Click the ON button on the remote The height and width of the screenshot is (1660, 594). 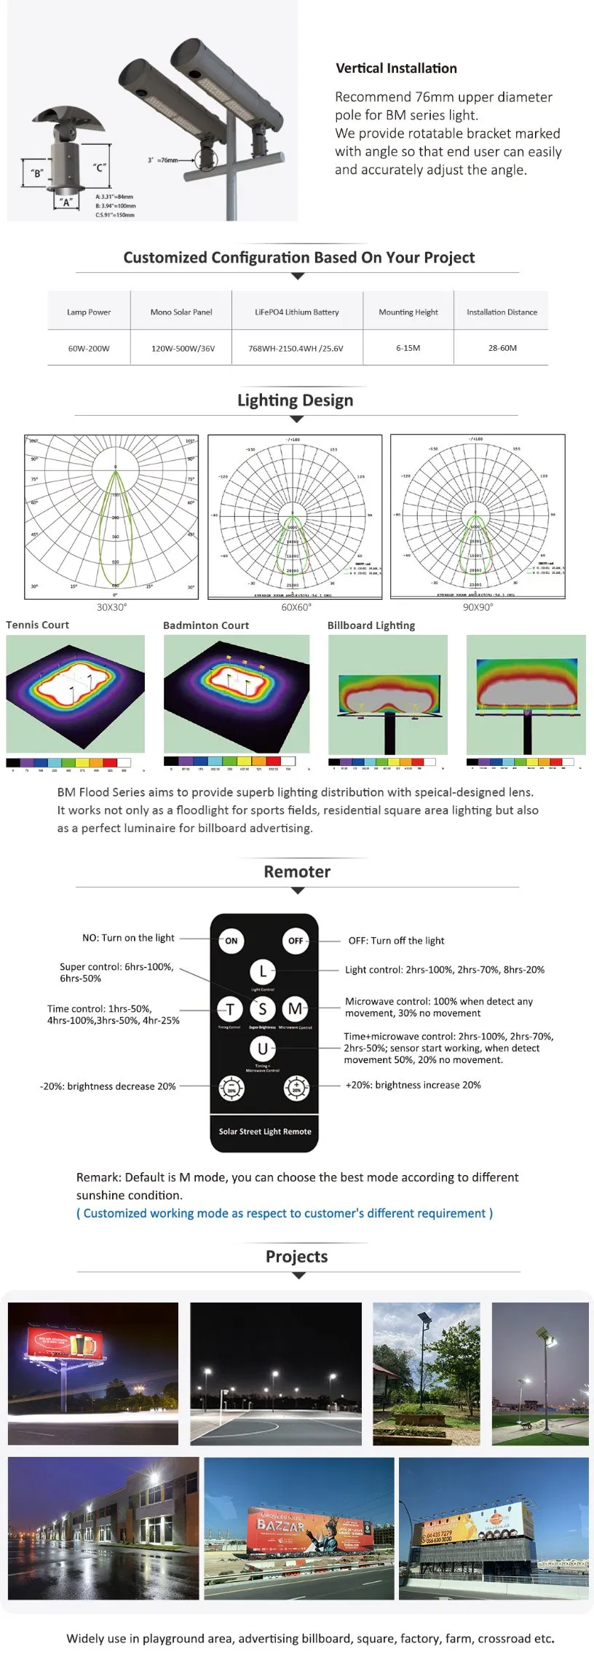(231, 941)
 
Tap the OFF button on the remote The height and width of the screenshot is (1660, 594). (296, 941)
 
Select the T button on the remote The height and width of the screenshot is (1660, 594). (230, 1009)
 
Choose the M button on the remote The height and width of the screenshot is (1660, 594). (295, 1008)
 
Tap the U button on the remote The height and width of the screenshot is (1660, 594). (262, 1048)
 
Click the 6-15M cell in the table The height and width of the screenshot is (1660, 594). (408, 348)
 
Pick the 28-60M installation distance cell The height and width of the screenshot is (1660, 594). (502, 348)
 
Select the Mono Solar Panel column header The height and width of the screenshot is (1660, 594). (181, 312)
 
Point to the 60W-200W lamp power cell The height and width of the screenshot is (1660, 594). (89, 348)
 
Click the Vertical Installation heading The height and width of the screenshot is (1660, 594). (396, 68)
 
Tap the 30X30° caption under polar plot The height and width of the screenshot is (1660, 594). (111, 607)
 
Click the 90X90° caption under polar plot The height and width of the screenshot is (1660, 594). (478, 607)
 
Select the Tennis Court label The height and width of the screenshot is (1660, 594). (38, 625)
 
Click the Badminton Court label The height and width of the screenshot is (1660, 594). (206, 625)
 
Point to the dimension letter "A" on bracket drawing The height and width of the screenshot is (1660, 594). (66, 203)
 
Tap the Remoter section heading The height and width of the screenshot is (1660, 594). (297, 871)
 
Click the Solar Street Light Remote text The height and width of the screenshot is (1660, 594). (265, 1131)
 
